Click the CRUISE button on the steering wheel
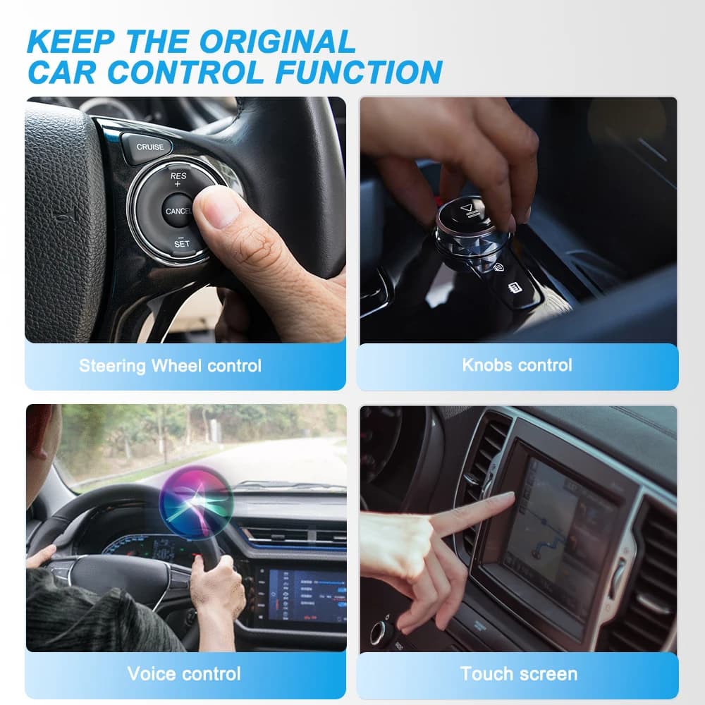(x=149, y=147)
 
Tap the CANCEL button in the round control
(x=178, y=211)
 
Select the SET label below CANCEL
(x=181, y=243)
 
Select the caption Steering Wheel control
(x=170, y=366)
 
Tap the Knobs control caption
(x=517, y=365)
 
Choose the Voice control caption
(x=184, y=673)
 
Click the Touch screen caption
(x=519, y=673)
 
